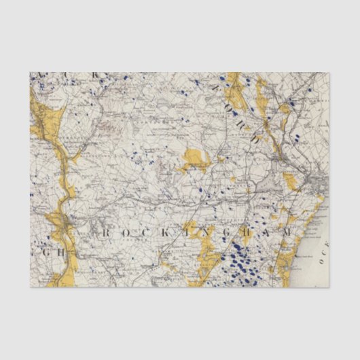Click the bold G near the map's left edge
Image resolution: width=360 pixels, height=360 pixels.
[35, 251]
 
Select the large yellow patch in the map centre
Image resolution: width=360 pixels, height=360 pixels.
[194, 161]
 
